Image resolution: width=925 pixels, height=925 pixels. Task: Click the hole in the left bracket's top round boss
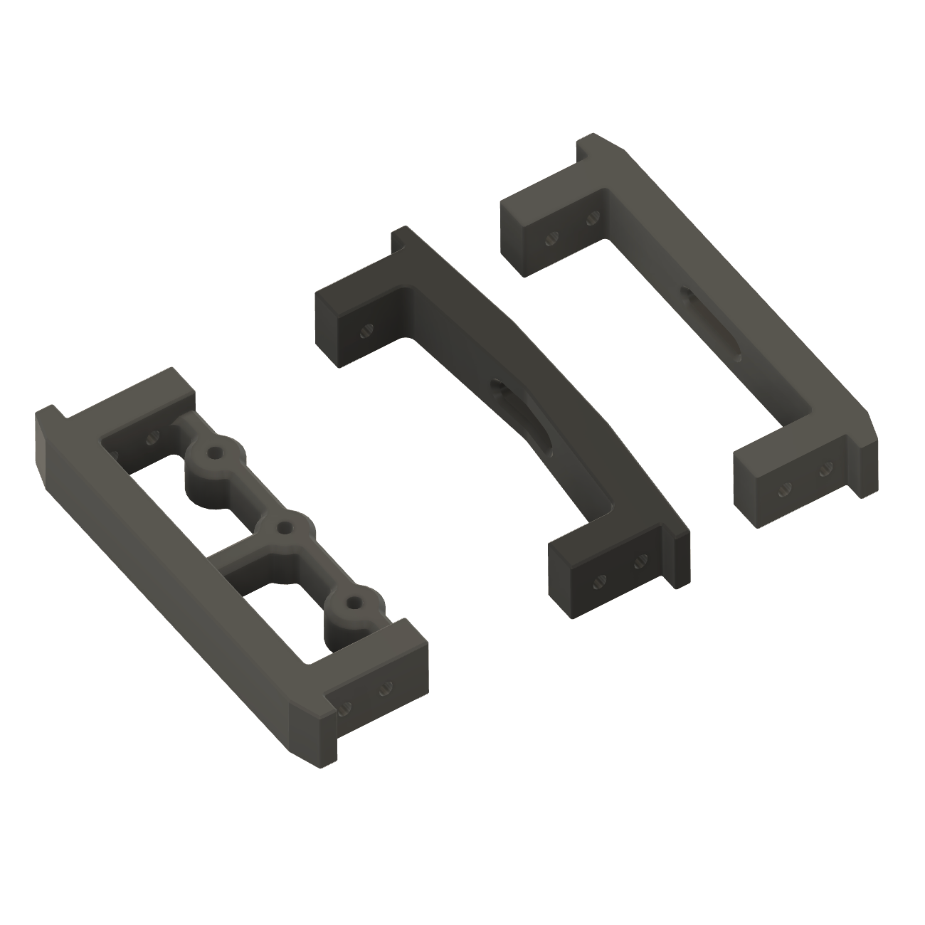(214, 452)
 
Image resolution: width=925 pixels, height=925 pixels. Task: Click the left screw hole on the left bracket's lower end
(347, 707)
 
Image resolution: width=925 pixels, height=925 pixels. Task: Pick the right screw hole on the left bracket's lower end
(386, 687)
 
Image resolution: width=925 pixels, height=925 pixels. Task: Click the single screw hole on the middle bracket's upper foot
(367, 329)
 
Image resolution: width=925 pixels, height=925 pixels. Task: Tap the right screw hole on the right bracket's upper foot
(590, 217)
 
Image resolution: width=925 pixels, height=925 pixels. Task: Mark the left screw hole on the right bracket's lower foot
(786, 488)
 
